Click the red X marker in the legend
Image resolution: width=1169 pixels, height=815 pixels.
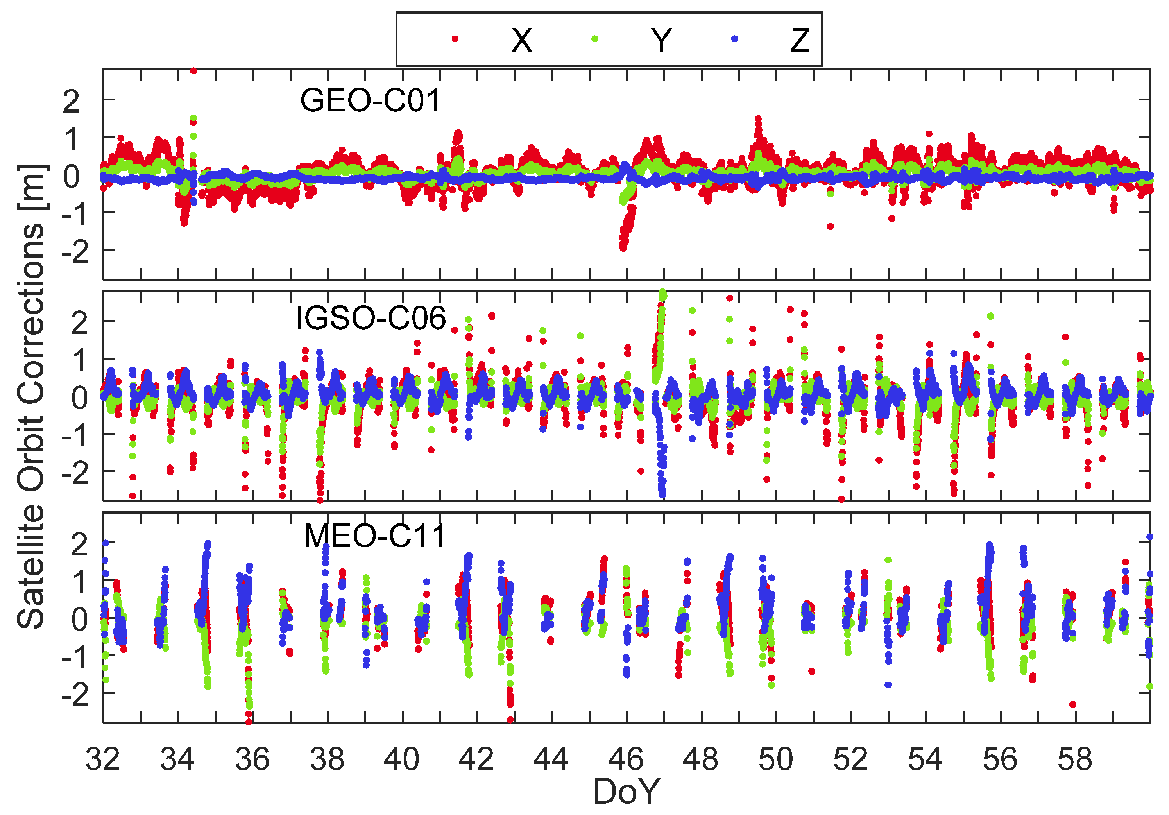(455, 39)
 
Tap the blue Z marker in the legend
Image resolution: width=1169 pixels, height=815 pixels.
(734, 39)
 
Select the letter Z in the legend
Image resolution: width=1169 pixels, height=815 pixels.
(800, 40)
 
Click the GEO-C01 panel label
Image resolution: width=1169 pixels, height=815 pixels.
(370, 100)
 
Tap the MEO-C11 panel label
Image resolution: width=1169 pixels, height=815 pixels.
(375, 536)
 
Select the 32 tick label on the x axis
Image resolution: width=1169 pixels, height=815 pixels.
(102, 759)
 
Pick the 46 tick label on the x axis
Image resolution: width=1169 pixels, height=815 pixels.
(626, 759)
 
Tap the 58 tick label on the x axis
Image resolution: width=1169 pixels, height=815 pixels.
(1075, 759)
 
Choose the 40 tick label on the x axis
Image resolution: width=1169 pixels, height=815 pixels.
(401, 759)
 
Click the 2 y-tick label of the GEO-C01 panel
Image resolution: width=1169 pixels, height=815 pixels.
(71, 101)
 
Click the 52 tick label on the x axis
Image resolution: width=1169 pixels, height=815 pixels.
(850, 759)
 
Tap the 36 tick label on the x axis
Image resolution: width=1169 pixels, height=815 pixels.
(252, 759)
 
